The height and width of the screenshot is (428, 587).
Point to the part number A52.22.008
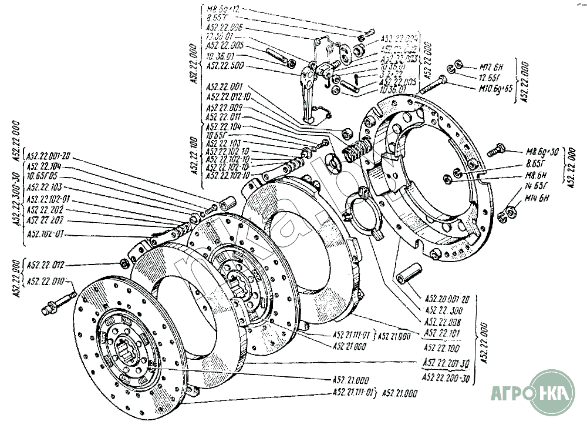[x=443, y=322]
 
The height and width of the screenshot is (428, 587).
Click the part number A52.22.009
[x=225, y=108]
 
